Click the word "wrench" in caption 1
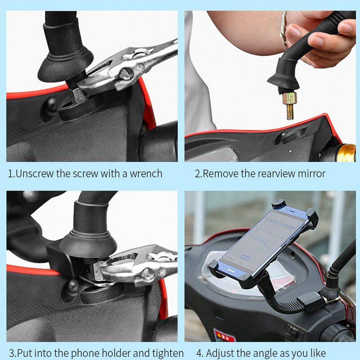tap(146, 174)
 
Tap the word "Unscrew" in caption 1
tap(35, 174)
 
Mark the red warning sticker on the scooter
tap(224, 336)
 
